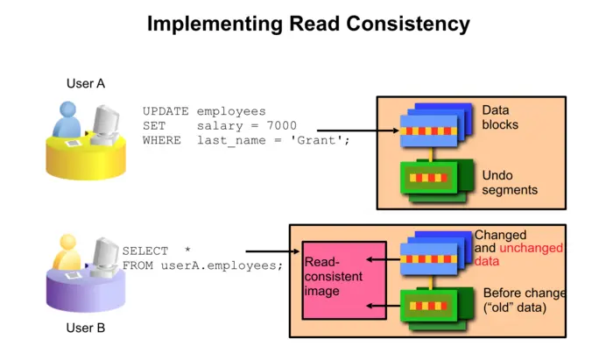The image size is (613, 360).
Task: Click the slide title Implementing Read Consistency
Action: click(307, 24)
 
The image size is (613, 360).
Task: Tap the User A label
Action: click(86, 84)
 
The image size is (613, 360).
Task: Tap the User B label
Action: click(86, 328)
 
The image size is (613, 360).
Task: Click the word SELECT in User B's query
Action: click(144, 251)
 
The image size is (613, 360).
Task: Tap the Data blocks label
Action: click(500, 118)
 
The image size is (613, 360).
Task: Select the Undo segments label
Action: click(510, 182)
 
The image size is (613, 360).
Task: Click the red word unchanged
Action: click(531, 249)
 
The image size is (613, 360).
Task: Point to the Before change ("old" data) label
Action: click(523, 300)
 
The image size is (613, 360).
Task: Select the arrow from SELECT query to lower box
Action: click(266, 251)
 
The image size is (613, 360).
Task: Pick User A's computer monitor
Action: click(108, 122)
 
